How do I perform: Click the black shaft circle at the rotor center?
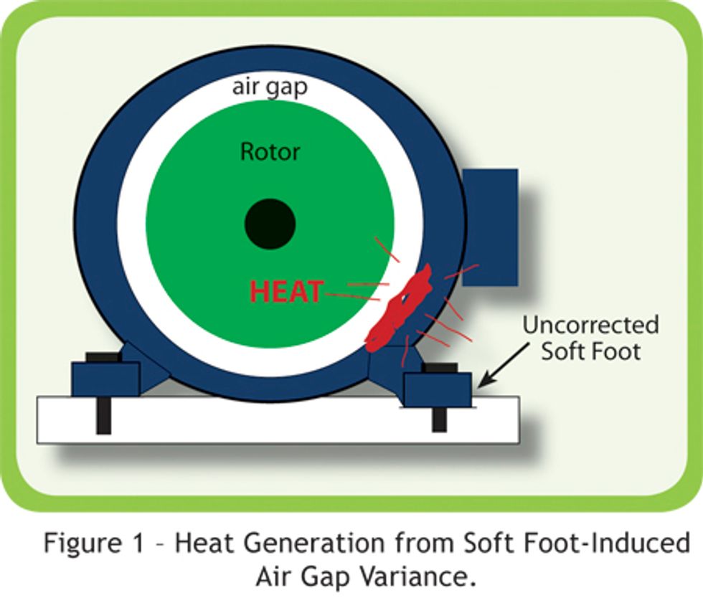pos(270,224)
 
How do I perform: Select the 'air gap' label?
pos(270,87)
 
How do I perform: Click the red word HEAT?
pos(286,291)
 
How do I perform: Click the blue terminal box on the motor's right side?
pos(490,227)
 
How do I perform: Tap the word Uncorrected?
pos(590,325)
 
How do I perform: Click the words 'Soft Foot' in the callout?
pos(590,351)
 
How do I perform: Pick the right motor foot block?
pos(438,389)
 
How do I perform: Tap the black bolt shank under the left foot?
pos(103,416)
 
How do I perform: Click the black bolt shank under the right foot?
pos(439,420)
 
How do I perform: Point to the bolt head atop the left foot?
pos(103,357)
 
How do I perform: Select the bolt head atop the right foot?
pos(440,368)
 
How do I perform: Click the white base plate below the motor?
pos(278,420)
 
